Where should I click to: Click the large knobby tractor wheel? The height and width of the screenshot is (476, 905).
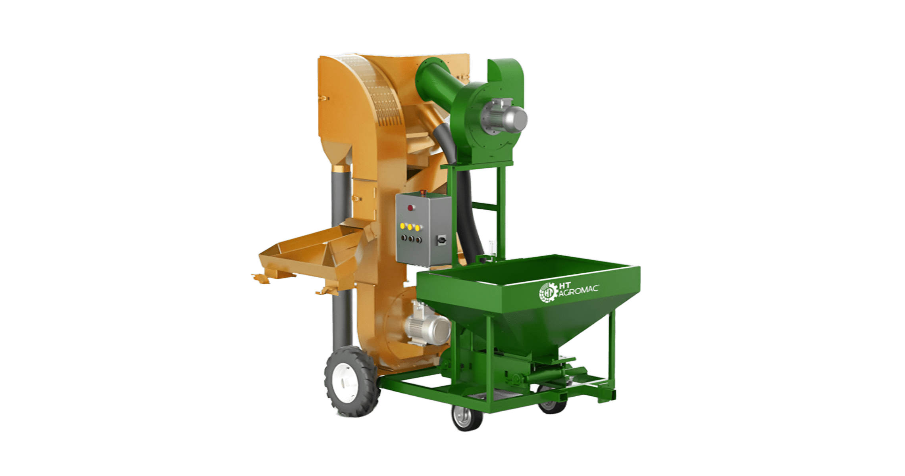(x=352, y=381)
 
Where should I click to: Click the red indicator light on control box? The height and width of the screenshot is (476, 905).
(x=411, y=207)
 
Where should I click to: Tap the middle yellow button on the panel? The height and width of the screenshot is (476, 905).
(x=410, y=227)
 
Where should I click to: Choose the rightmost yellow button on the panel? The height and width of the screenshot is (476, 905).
(x=417, y=228)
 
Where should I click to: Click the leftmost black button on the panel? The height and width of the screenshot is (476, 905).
(x=403, y=238)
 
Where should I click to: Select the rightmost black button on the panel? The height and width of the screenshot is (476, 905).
(x=418, y=240)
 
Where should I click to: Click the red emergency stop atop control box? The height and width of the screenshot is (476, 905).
(x=423, y=193)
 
